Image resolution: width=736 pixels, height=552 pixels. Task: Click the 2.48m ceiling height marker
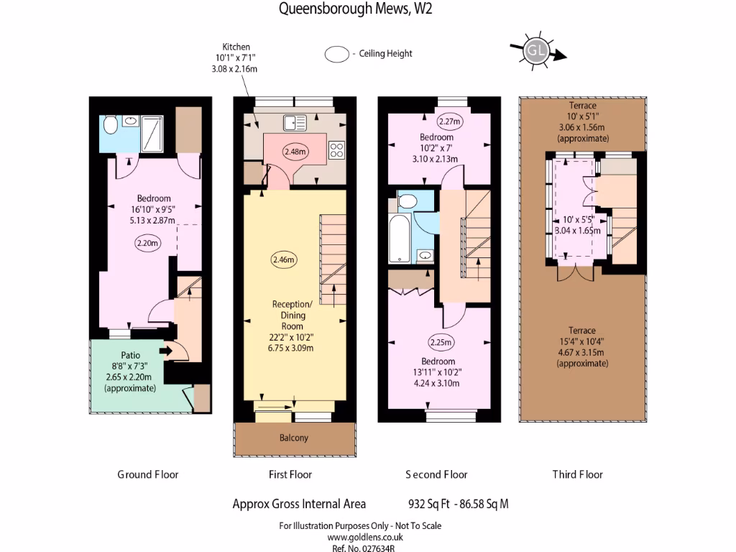tap(295, 152)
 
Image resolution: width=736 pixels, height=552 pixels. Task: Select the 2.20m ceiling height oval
tap(147, 243)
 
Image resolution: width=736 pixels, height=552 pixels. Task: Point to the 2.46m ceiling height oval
tap(284, 259)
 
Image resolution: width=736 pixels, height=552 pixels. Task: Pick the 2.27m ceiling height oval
tap(450, 121)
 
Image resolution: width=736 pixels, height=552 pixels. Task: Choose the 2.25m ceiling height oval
tap(441, 342)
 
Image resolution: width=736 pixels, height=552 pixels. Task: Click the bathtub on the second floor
tap(398, 241)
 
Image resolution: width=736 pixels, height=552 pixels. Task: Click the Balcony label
tap(293, 438)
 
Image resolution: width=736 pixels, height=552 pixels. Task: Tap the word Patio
tap(130, 355)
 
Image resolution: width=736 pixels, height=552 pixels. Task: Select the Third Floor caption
tap(577, 474)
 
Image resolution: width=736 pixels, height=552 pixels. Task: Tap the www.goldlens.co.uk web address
tap(365, 537)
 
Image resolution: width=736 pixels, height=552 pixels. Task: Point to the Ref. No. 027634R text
tap(365, 548)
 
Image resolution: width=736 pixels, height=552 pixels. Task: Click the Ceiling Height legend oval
tap(335, 55)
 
